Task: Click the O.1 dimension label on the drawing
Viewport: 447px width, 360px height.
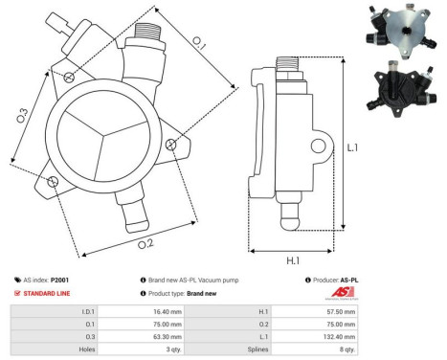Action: [x=198, y=41]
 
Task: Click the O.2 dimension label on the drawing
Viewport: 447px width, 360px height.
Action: [x=145, y=243]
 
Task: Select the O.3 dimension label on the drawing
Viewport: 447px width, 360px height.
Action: [x=22, y=115]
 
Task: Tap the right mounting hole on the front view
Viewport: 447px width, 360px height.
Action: [x=170, y=145]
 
